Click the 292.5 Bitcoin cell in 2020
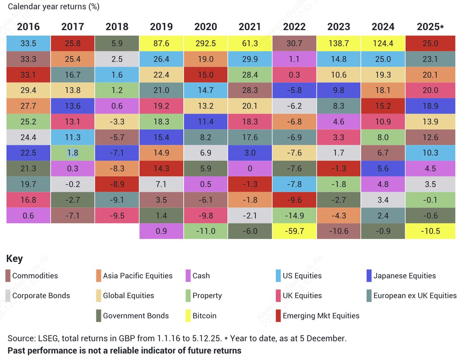(206, 43)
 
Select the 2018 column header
(117, 27)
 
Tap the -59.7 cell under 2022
(294, 231)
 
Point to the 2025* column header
(430, 27)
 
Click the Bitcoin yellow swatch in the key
(188, 316)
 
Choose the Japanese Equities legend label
(404, 276)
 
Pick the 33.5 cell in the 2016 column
(28, 43)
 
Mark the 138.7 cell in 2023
(339, 43)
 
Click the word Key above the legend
(14, 258)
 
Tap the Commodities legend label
(35, 276)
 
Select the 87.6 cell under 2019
(161, 43)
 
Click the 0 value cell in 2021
(250, 169)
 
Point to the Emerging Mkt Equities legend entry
(321, 316)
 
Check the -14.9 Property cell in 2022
(294, 216)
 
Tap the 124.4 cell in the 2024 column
(383, 43)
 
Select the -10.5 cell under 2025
(430, 231)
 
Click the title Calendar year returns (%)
(54, 6)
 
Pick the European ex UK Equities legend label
(415, 296)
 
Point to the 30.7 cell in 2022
(294, 43)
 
